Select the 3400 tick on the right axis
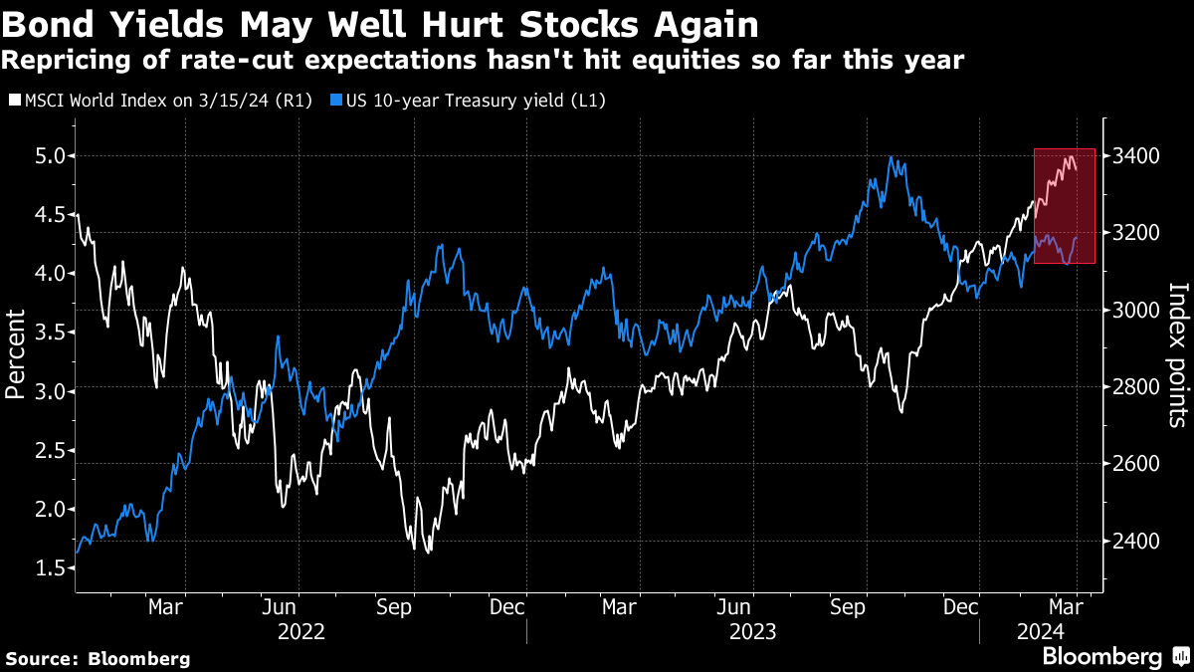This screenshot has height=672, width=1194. (1135, 155)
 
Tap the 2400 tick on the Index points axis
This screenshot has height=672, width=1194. (1135, 542)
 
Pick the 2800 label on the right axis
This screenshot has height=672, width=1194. (1135, 387)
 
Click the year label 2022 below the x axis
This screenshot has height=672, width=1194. (300, 630)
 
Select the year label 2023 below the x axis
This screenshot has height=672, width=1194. (753, 630)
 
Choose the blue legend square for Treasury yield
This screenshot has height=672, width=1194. (336, 101)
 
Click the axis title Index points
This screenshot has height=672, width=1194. (1178, 353)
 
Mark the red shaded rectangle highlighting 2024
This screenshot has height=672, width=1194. (1065, 206)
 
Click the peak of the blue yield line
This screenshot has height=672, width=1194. (891, 157)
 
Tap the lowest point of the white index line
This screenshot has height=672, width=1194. (429, 552)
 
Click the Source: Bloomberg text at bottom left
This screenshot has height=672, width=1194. (97, 658)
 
